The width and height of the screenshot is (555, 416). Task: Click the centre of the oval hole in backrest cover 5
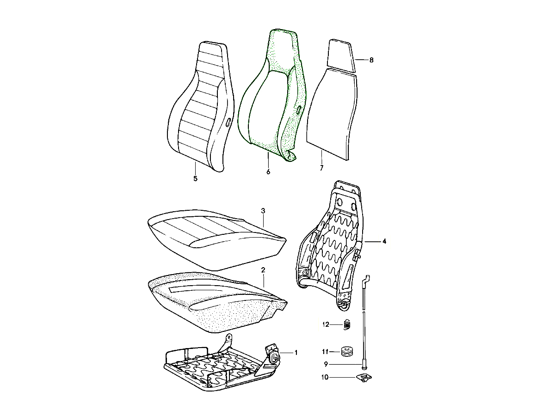tap(228, 122)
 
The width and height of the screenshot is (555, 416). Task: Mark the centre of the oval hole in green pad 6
tap(299, 110)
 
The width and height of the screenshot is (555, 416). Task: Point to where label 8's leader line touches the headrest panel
tap(355, 60)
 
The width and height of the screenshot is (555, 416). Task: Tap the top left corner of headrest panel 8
tap(329, 40)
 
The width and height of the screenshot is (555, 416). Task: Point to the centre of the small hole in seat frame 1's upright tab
tap(229, 336)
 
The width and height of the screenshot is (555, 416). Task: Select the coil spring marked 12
tap(347, 324)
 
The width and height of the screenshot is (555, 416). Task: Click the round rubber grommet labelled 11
tap(346, 352)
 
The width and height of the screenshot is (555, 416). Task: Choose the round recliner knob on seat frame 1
tap(274, 357)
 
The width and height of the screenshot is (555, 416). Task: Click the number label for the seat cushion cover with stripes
tap(263, 211)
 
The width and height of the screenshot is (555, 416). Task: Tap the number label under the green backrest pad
tap(268, 172)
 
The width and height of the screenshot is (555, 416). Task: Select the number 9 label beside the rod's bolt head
tap(326, 364)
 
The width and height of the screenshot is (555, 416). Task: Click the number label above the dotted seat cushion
tap(263, 270)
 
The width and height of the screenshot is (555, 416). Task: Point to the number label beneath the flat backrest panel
tap(321, 168)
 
